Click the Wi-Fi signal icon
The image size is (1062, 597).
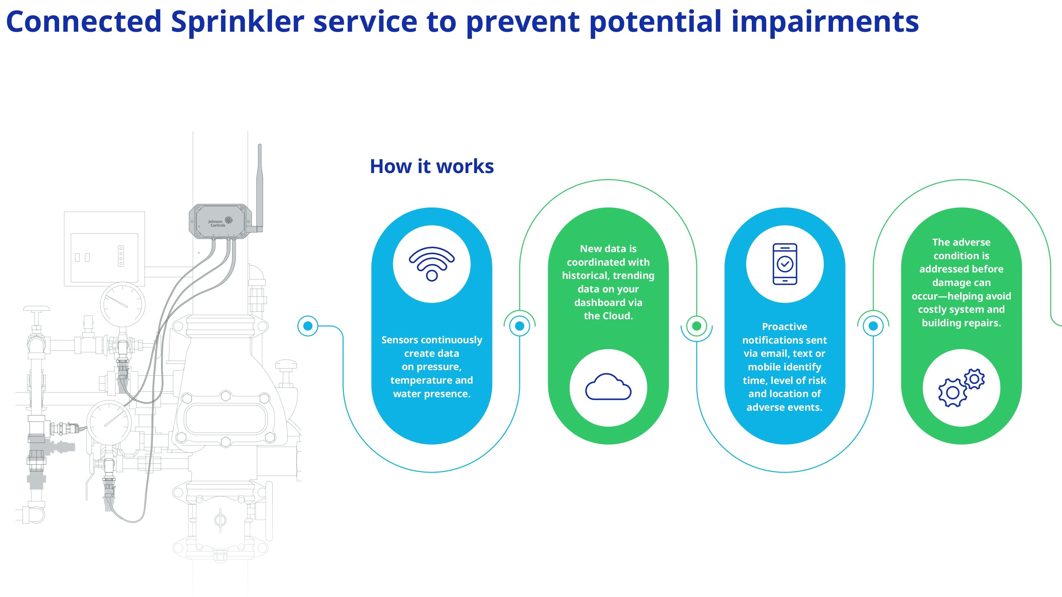click(x=432, y=264)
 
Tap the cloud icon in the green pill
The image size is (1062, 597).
click(x=608, y=387)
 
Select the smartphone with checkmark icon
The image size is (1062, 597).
click(x=784, y=264)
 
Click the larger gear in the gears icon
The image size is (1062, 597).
click(x=952, y=393)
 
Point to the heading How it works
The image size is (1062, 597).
click(x=432, y=167)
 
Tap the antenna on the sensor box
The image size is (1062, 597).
click(x=260, y=185)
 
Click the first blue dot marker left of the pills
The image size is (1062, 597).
click(x=307, y=326)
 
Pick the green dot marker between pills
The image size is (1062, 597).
click(x=696, y=326)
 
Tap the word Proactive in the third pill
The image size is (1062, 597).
click(x=784, y=327)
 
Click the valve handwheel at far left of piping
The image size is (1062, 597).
click(x=36, y=309)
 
